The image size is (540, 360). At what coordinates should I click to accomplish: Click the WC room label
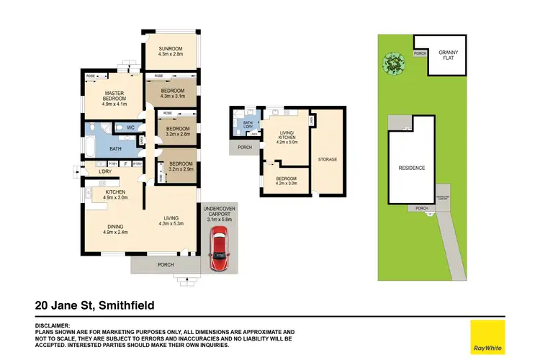pyautogui.click(x=130, y=128)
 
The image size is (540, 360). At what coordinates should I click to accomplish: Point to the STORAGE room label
pyautogui.click(x=328, y=159)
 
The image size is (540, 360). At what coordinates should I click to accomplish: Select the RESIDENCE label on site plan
pyautogui.click(x=411, y=168)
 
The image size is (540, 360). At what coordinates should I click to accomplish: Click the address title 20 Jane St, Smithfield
pyautogui.click(x=94, y=305)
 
